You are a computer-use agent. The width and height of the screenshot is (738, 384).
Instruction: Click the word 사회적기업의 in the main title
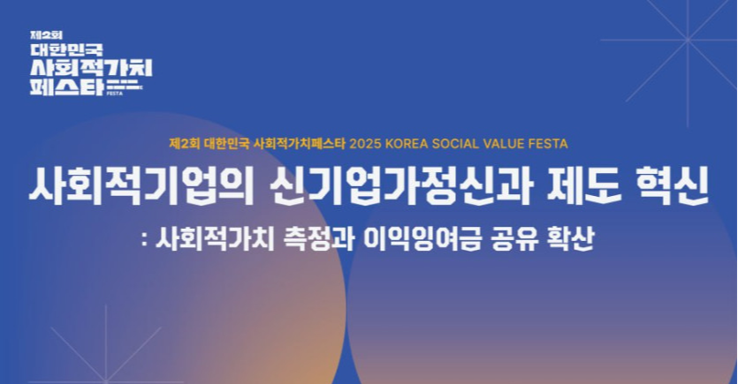point(142,186)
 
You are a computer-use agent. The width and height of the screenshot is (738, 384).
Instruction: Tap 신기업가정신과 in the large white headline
point(402,186)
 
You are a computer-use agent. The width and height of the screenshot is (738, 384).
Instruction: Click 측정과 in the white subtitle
point(319,238)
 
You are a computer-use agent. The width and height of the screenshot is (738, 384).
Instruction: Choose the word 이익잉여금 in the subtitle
point(422,238)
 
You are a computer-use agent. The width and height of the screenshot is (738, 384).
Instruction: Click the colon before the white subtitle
point(144,241)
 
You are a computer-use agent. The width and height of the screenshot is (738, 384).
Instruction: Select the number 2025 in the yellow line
point(366,143)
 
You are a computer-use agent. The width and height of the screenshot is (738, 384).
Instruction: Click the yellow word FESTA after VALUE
point(548,143)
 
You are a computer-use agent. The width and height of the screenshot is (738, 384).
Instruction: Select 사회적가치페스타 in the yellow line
point(300,143)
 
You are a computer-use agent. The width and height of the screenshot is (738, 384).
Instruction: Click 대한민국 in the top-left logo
point(66,49)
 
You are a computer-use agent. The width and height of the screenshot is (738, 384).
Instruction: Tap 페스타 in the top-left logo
point(66,87)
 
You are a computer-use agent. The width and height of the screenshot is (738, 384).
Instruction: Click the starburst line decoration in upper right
point(688,41)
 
